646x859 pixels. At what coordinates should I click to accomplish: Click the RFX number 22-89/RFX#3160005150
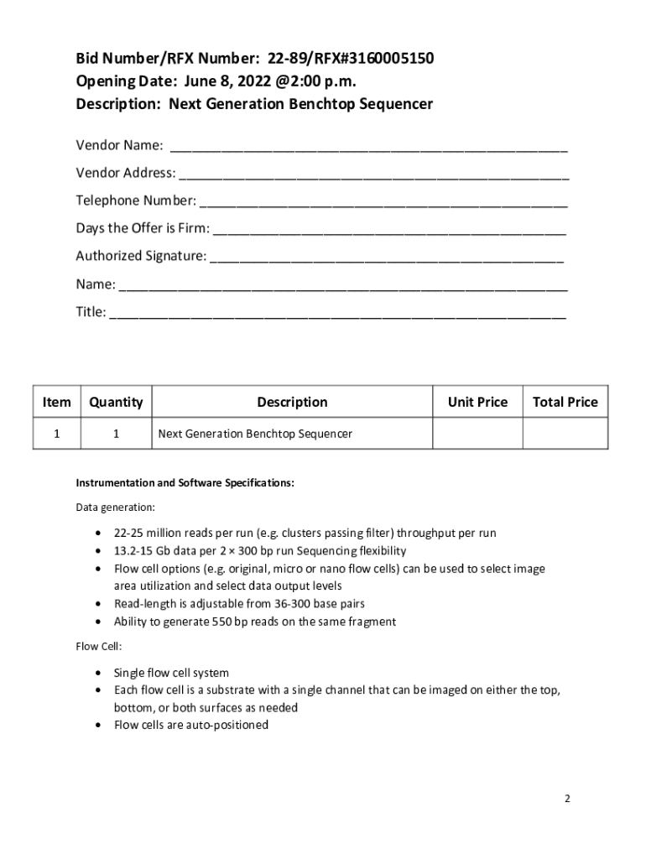(351, 59)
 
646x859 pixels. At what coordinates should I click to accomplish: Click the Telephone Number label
(136, 200)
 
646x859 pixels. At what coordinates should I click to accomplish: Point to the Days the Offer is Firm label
(143, 228)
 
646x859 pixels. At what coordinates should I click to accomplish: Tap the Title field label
(91, 312)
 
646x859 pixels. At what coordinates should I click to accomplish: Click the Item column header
(57, 402)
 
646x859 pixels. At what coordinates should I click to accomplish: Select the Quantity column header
(116, 402)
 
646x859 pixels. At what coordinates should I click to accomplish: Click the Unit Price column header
(477, 402)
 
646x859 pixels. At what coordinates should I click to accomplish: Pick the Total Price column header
(565, 402)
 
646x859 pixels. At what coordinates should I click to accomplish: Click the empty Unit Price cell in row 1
(477, 434)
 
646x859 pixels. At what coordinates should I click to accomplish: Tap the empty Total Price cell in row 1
(565, 434)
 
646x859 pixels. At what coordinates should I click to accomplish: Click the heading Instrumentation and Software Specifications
(185, 483)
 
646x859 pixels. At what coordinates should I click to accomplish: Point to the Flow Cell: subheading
(98, 646)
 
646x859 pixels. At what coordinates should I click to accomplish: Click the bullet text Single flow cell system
(171, 673)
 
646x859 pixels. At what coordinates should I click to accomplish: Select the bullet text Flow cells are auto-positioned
(191, 725)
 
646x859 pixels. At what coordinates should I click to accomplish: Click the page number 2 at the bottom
(567, 799)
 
